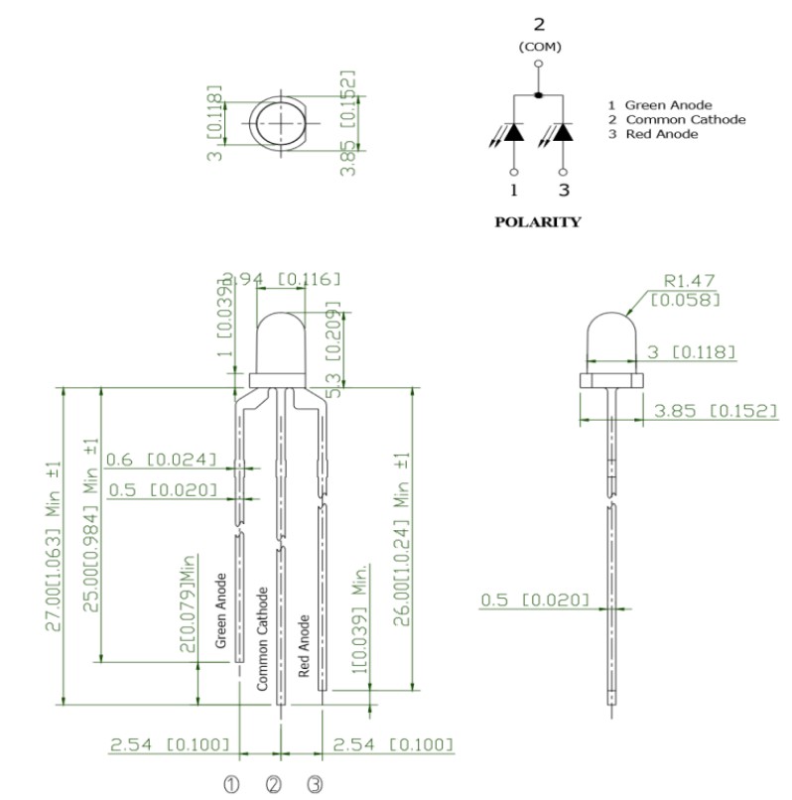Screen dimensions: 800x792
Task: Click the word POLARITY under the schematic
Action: (537, 222)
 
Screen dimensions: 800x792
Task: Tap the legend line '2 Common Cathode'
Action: (676, 120)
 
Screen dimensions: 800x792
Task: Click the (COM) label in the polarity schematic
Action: (539, 47)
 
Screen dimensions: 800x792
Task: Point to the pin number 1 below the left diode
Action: (514, 190)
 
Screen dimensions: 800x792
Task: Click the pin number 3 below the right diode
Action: (564, 190)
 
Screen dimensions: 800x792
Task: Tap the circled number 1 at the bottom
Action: (232, 784)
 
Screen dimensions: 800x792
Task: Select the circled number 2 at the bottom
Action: (274, 784)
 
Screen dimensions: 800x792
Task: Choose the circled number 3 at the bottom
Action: (315, 784)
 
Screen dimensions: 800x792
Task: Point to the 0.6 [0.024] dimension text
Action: (161, 460)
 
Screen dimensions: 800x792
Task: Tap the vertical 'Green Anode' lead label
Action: (222, 611)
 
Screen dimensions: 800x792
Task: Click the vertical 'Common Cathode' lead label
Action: (263, 638)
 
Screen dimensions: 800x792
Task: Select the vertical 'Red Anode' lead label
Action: (305, 646)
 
